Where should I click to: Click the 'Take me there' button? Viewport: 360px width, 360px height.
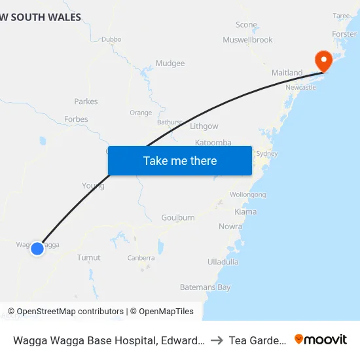pos(179,160)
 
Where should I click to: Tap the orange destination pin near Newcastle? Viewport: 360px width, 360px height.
pos(323,61)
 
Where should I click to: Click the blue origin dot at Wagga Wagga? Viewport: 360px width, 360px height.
pos(37,248)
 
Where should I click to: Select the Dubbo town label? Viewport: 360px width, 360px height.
pos(111,39)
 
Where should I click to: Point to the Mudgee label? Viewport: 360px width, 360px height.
pos(170,63)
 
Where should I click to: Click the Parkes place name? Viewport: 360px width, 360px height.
pos(86,101)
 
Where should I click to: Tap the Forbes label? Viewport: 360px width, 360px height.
pos(76,119)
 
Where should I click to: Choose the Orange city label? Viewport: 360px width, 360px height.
pos(141,113)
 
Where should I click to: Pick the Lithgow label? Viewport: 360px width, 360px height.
pos(204,126)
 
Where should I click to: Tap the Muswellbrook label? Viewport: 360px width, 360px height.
pos(247,40)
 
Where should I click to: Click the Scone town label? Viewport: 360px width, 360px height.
pos(246,25)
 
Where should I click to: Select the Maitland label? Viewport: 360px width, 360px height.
pos(287,73)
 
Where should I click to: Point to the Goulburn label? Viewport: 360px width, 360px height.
pos(178,217)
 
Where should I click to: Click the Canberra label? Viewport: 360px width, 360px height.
pos(141,258)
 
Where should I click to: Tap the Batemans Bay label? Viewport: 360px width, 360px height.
pos(206,287)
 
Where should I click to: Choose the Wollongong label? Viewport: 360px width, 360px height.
pos(247,194)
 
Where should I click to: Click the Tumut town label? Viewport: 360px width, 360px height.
pos(89,257)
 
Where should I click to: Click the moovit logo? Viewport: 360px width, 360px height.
pos(321,339)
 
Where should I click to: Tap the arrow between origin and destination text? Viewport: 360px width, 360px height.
pos(217,340)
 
